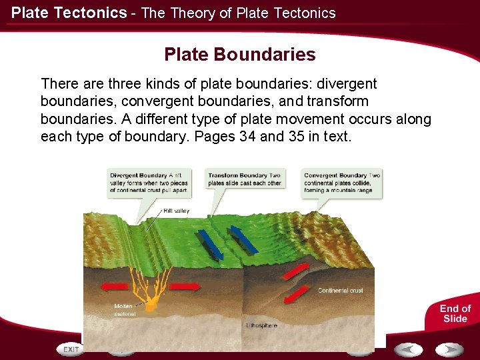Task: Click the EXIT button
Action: (x=70, y=349)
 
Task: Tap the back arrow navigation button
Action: (x=407, y=349)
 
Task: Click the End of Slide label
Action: (x=455, y=313)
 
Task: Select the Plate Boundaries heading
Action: (x=240, y=55)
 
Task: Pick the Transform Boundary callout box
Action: (x=245, y=179)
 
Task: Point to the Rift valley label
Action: (x=177, y=211)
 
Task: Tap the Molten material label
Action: (x=125, y=310)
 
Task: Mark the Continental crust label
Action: (x=340, y=291)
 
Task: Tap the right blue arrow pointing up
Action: (x=243, y=239)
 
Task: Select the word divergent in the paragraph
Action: (x=347, y=84)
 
